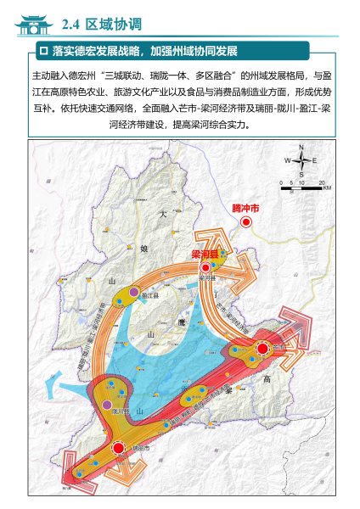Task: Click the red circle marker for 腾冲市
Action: click(x=245, y=222)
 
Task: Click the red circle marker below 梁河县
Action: click(x=205, y=266)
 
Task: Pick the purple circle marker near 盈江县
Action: click(x=133, y=293)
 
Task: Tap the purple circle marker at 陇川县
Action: click(x=107, y=406)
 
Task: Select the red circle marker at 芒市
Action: click(x=262, y=349)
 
